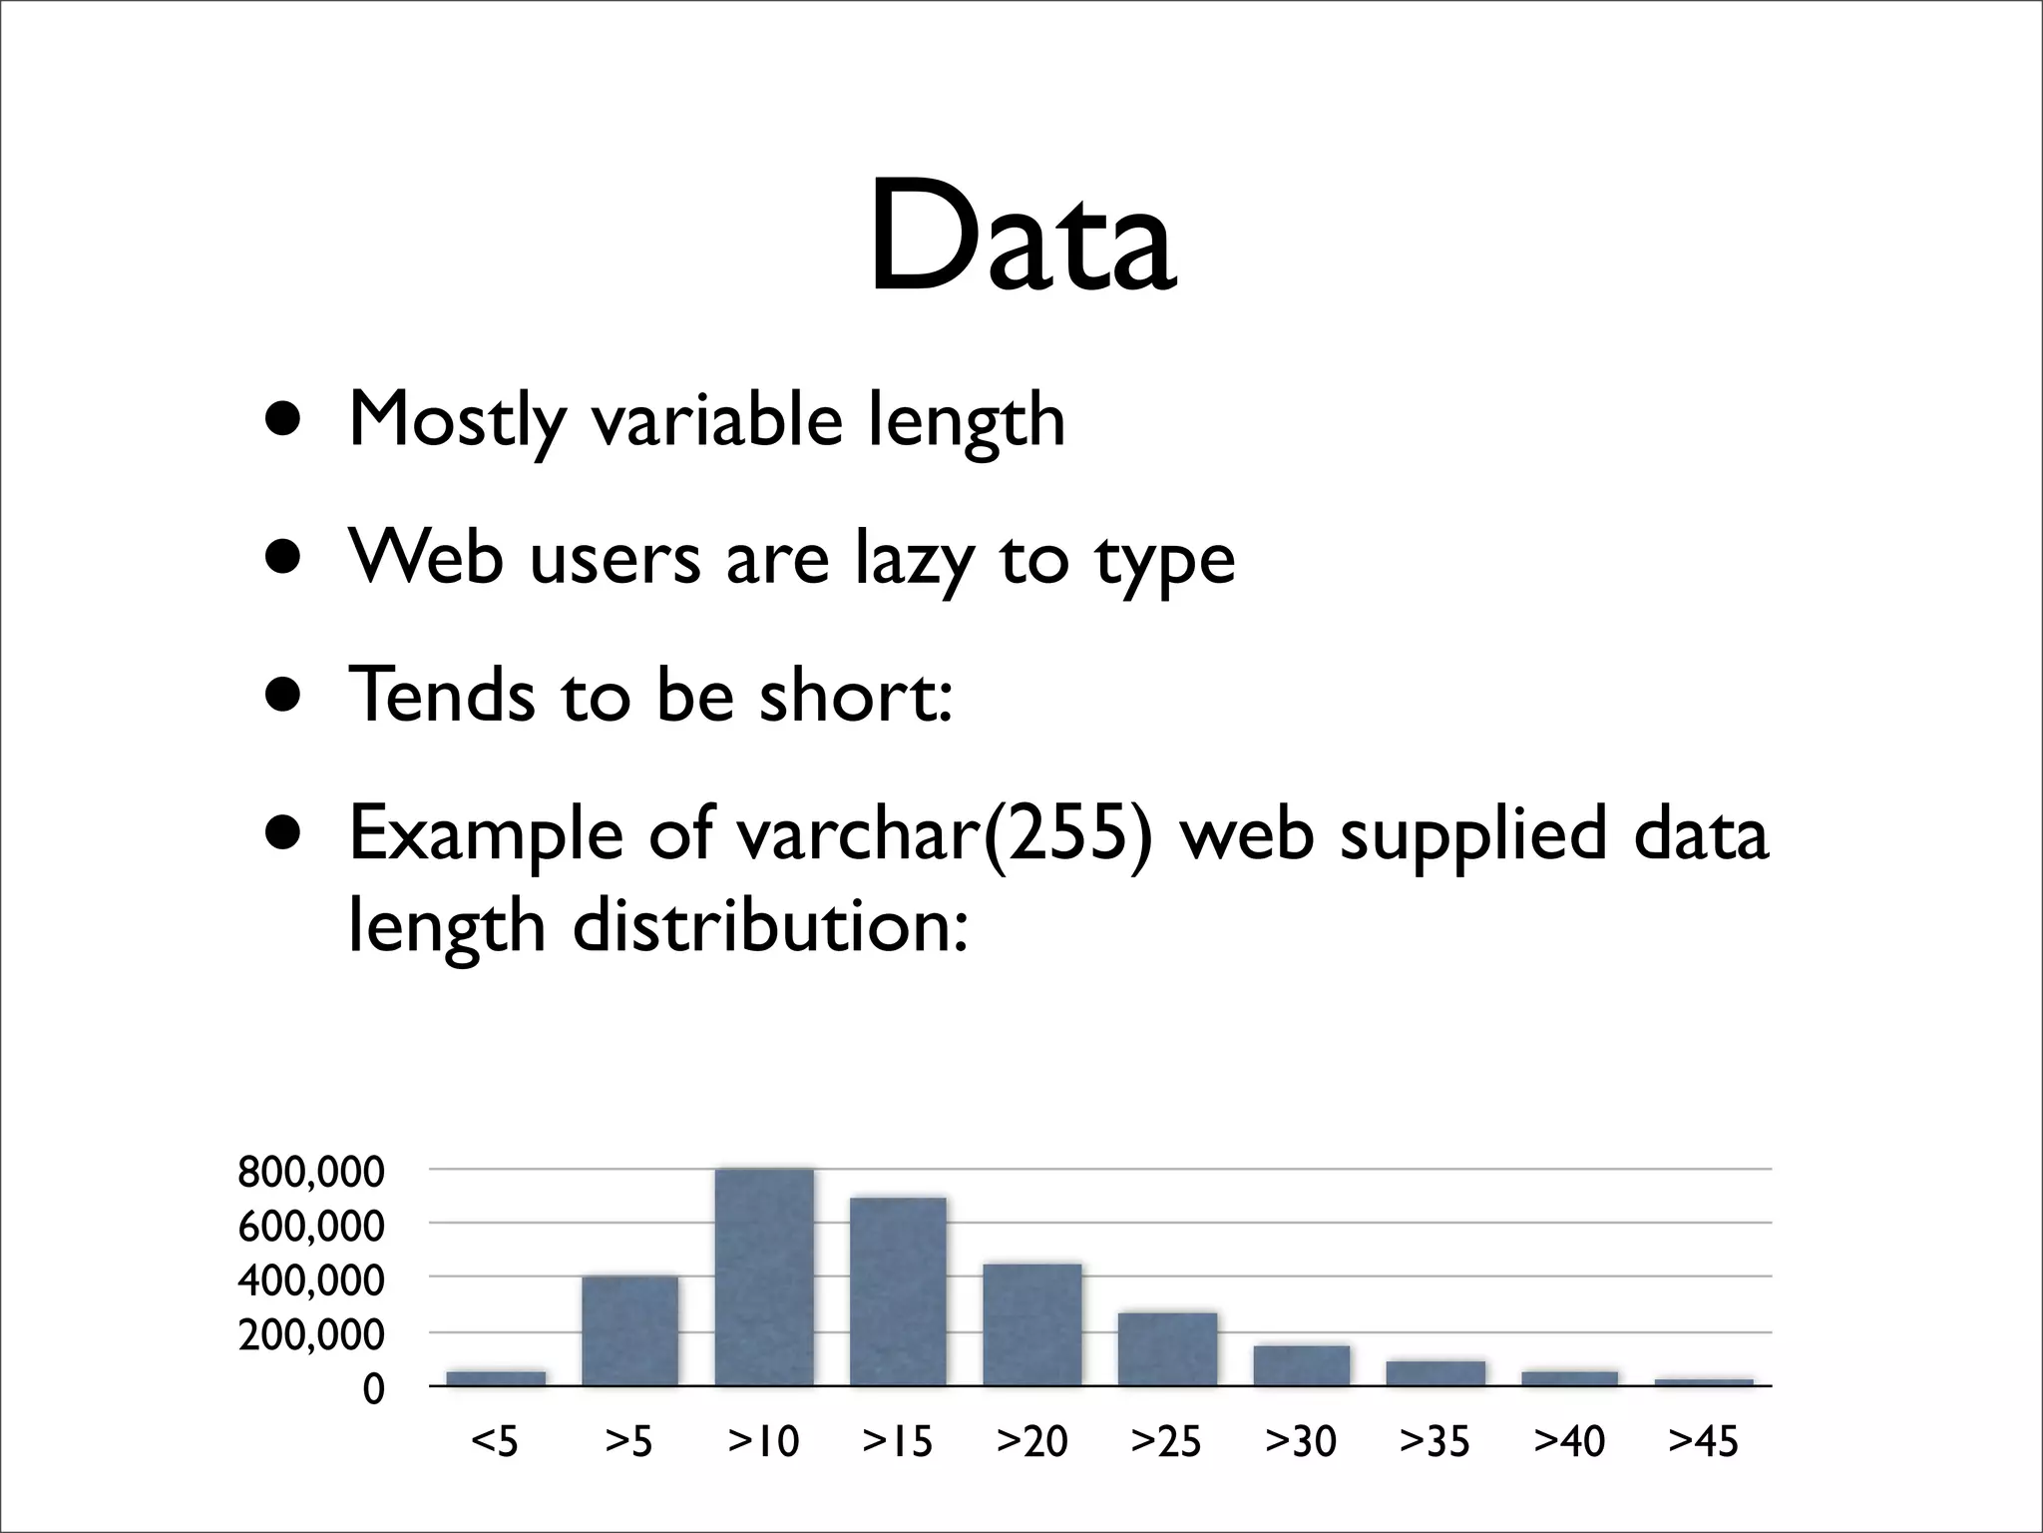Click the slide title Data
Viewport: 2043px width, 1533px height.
tap(1021, 240)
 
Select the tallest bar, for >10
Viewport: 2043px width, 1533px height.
tap(764, 1277)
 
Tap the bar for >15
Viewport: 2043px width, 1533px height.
tap(898, 1291)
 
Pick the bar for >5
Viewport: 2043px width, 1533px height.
tap(629, 1331)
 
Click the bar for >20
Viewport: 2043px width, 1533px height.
tap(1032, 1325)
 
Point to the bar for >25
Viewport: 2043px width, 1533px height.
tap(1167, 1349)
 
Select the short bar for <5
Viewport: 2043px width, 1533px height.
tap(496, 1378)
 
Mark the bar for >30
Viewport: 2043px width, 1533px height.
tap(1302, 1365)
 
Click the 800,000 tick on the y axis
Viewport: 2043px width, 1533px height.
tap(310, 1172)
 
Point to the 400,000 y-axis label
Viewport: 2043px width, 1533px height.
tap(310, 1279)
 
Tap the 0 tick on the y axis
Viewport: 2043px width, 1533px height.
tap(373, 1388)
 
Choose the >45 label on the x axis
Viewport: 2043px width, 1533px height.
tap(1703, 1441)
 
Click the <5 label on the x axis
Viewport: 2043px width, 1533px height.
tap(495, 1441)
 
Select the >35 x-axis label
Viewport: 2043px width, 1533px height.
tap(1434, 1441)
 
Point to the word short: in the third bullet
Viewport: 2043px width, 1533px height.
tap(856, 695)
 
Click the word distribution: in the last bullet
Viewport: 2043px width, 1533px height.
tap(770, 926)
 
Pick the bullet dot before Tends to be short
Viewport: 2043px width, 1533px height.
tap(283, 695)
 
